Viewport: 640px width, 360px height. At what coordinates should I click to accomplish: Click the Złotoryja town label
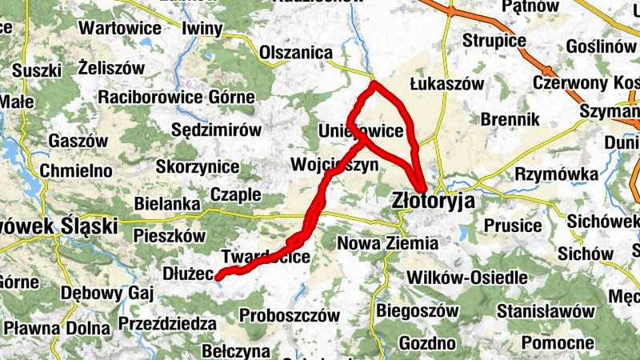433,201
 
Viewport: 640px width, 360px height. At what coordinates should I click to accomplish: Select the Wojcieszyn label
334,166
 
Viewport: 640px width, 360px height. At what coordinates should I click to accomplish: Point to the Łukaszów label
447,83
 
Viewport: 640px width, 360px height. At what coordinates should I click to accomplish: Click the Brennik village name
511,119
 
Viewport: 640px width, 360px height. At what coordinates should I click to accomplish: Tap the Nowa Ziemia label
388,242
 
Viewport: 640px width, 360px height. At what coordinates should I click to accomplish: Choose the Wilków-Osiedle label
467,278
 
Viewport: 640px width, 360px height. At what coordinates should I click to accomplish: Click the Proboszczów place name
290,315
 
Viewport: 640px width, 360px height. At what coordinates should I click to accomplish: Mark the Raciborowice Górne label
176,98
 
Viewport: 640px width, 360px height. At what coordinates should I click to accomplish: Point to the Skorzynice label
198,167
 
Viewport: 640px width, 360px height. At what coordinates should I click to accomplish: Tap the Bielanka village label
166,204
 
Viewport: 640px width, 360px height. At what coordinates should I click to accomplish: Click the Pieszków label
170,236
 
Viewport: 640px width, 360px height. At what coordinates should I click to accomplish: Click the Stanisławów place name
546,310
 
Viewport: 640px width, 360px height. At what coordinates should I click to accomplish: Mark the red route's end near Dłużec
218,278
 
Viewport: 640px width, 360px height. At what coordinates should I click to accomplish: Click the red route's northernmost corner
374,83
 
